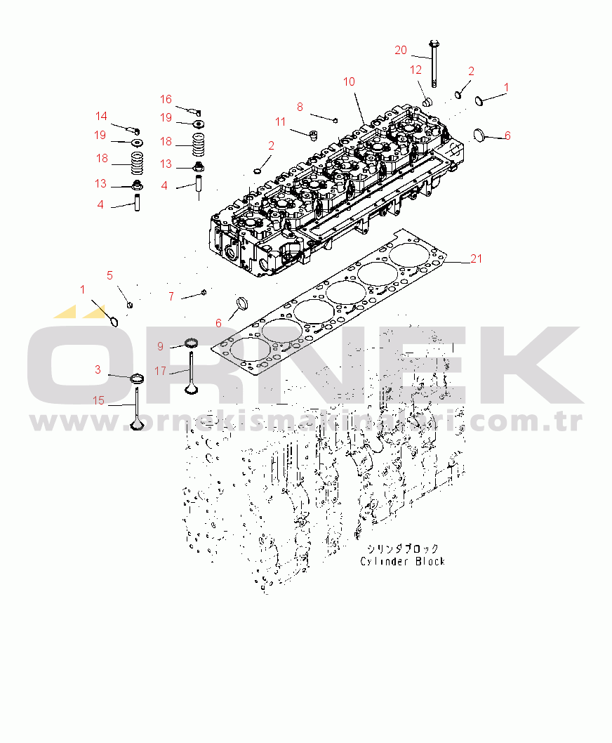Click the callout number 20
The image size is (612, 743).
400,50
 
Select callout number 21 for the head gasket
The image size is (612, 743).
477,259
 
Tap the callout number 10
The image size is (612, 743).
350,82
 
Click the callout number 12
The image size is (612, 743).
416,70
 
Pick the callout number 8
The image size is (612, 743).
300,107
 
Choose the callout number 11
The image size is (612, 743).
281,122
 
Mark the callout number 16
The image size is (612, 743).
166,100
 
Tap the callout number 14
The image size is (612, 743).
102,117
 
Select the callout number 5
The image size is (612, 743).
109,275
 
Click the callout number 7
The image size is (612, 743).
171,297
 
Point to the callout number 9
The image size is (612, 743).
160,346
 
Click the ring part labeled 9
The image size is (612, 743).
190,343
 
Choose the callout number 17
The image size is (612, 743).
160,371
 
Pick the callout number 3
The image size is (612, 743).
98,369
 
